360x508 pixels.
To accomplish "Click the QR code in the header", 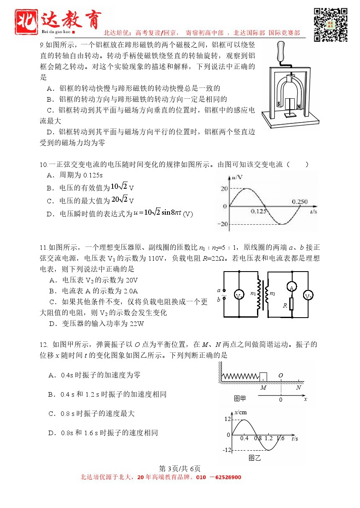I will (331, 24).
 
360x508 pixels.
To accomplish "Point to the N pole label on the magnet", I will (298, 106).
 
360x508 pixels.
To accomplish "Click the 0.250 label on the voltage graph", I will (300, 201).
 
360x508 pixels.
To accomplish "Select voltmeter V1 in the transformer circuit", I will (239, 296).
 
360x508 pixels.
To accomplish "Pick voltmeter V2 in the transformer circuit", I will (309, 296).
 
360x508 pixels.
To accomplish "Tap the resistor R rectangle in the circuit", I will (291, 304).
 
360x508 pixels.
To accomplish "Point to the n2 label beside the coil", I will (273, 294).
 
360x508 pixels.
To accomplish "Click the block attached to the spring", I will (263, 377).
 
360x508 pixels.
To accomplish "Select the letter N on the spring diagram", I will (298, 387).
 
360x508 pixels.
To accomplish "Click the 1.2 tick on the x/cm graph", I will (268, 438).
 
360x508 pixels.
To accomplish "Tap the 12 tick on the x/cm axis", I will (227, 419).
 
